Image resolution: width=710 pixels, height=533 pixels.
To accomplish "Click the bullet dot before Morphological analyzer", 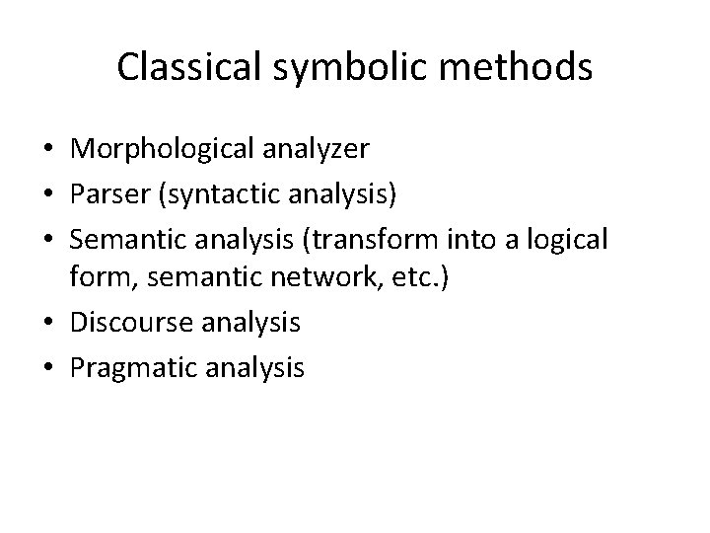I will click(48, 150).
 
